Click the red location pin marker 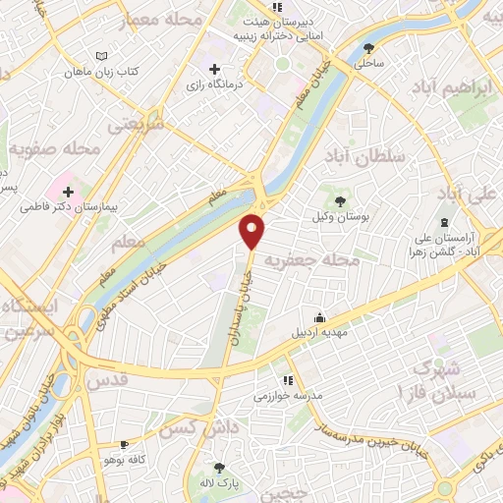pyautogui.click(x=253, y=231)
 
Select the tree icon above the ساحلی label pyautogui.click(x=369, y=47)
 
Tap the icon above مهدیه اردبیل pyautogui.click(x=319, y=316)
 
